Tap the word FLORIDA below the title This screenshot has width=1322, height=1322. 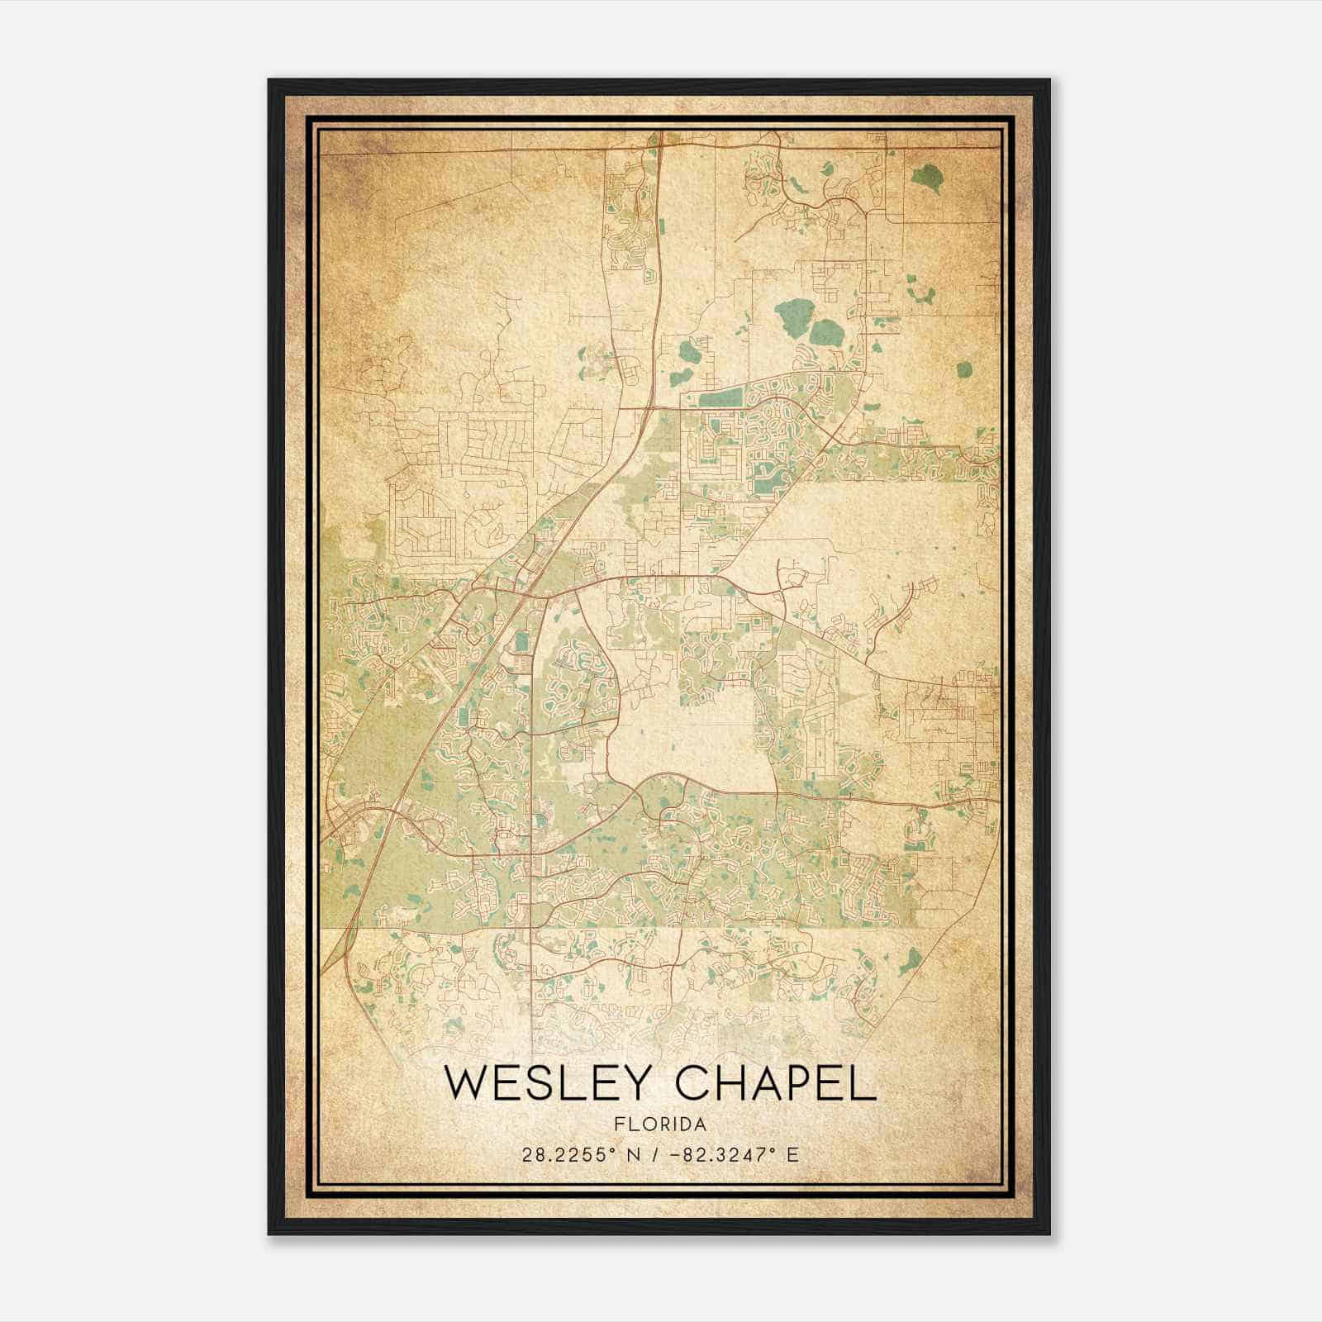point(660,1125)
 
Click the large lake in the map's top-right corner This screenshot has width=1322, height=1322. point(926,175)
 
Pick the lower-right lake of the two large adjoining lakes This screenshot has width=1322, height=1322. point(824,333)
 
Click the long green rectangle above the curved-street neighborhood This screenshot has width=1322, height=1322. point(720,399)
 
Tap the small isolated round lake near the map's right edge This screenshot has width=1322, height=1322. point(964,369)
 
